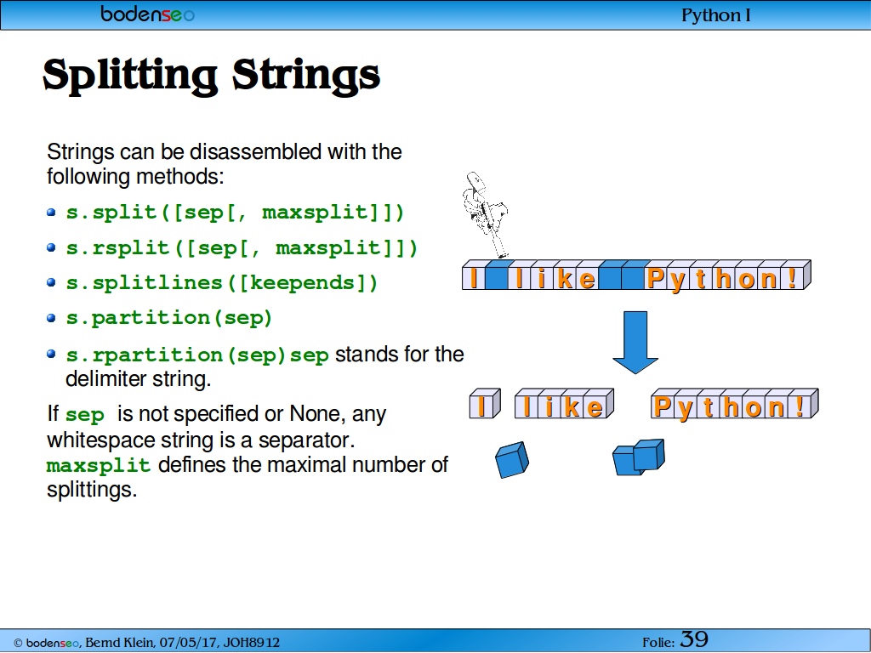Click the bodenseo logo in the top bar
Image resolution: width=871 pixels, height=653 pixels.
click(147, 14)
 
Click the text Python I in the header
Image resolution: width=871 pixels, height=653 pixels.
click(715, 15)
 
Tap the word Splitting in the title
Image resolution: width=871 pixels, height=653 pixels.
click(130, 76)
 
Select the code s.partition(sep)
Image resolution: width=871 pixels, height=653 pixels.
click(169, 318)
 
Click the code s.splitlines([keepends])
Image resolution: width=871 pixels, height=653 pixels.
click(222, 282)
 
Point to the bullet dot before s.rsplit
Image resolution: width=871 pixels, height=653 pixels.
click(52, 247)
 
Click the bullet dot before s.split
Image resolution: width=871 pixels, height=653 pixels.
click(52, 212)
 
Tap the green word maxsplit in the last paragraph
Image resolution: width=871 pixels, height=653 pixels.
click(99, 465)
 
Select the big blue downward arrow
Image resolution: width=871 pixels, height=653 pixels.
click(635, 342)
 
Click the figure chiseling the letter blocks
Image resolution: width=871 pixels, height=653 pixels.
click(484, 214)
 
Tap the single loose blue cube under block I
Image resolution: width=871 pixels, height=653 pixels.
click(511, 460)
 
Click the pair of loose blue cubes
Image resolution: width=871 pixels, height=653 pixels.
click(639, 457)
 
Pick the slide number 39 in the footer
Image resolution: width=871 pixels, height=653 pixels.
click(694, 639)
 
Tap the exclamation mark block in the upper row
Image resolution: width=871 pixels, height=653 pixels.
click(795, 275)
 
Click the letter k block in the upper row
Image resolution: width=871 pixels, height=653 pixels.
click(565, 275)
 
